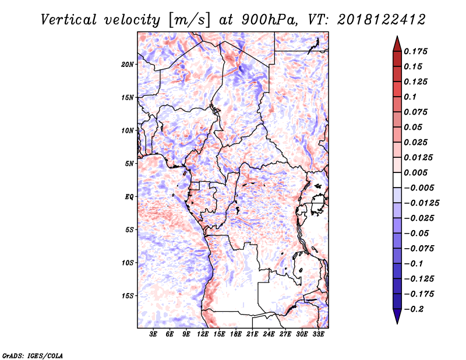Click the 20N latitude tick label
pyautogui.click(x=128, y=65)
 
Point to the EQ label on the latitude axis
pyautogui.click(x=129, y=197)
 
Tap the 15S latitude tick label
pyautogui.click(x=128, y=296)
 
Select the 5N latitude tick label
pyautogui.click(x=129, y=164)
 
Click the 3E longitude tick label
pyautogui.click(x=153, y=334)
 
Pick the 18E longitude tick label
pyautogui.click(x=236, y=334)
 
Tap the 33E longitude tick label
pyautogui.click(x=318, y=334)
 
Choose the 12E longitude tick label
pyautogui.click(x=203, y=334)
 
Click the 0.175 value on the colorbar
pyautogui.click(x=415, y=51)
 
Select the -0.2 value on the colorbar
pyautogui.click(x=414, y=309)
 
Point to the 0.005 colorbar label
pyautogui.click(x=415, y=172)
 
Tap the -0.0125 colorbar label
pyautogui.click(x=421, y=203)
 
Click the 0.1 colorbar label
pyautogui.click(x=410, y=97)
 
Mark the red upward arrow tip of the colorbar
pyautogui.click(x=397, y=36)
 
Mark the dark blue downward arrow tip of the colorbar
pyautogui.click(x=397, y=323)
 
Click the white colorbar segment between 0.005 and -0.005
pyautogui.click(x=397, y=180)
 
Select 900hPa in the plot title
pyautogui.click(x=269, y=20)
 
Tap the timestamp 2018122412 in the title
pyautogui.click(x=382, y=20)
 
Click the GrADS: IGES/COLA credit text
pyautogui.click(x=33, y=355)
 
